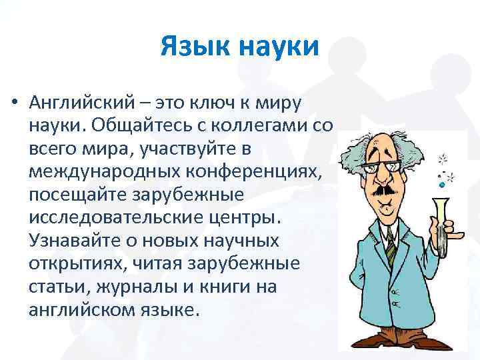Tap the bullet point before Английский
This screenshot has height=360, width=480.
pos(13,105)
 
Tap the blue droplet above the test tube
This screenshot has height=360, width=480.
pos(440,181)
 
